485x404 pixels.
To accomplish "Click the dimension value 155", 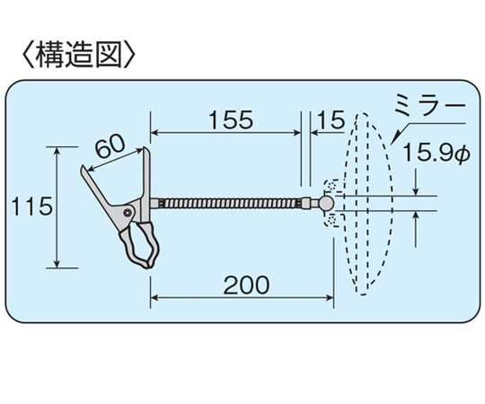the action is pos(231,119).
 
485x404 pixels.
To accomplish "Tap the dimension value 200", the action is pos(246,285).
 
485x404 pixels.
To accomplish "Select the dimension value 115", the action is pos(31,206).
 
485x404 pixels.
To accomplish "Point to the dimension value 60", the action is pos(110,147).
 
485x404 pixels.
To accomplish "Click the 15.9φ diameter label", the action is pos(436,153).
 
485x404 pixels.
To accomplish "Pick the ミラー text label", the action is pos(430,106).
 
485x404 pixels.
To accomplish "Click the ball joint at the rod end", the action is pos(326,203).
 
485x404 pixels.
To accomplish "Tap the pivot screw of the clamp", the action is pos(128,213).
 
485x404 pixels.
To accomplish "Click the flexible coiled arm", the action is pos(231,203).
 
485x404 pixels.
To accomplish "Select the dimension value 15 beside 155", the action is pos(331,119).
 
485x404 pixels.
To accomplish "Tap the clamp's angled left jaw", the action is pos(97,189).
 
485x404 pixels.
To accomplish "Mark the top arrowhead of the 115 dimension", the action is pos(57,152).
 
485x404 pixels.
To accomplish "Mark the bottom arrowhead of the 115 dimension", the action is pos(57,263).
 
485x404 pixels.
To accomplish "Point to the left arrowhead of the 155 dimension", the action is pos(155,133).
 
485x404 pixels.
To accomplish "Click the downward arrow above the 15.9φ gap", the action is pos(417,182).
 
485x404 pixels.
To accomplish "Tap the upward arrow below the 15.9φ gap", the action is pos(417,229).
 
